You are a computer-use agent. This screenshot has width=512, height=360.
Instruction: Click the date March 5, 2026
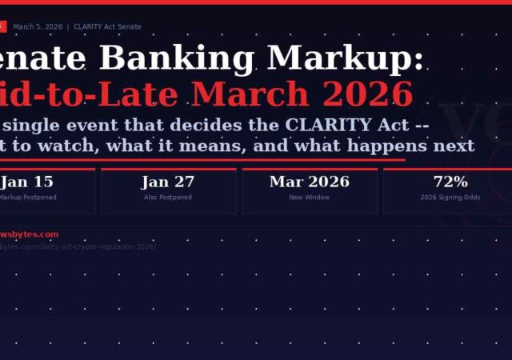[38, 27]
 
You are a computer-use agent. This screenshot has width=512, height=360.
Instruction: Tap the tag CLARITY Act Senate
[107, 27]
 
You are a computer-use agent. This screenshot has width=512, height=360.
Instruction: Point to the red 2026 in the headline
[365, 94]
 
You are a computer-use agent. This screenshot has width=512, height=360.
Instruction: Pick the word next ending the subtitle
[448, 145]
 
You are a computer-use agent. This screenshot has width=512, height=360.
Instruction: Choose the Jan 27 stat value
[168, 182]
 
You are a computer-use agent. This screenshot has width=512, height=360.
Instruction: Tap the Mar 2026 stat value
[309, 182]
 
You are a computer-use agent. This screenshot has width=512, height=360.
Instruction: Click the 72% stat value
[450, 182]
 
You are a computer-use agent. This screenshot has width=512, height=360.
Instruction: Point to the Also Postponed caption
[168, 197]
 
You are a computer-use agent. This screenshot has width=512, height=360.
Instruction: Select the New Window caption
[309, 197]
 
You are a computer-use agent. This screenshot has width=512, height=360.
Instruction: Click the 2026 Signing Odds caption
[450, 197]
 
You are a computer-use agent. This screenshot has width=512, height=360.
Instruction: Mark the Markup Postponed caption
[29, 197]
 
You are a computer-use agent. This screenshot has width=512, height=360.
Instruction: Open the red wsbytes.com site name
[30, 234]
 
